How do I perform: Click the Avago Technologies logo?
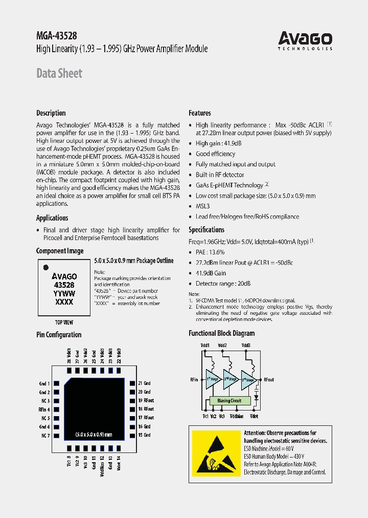305,40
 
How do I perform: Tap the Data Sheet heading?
59,73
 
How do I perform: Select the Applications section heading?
52,218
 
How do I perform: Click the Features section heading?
200,113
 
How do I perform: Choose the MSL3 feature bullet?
202,206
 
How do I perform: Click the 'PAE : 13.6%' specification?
210,252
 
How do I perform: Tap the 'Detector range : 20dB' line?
223,284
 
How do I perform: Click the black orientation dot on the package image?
45,267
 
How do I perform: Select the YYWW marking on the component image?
64,294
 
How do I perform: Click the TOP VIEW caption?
64,322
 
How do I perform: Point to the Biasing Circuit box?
229,401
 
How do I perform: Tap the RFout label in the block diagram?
269,380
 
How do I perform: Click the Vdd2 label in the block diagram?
222,346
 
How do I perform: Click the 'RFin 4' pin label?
44,409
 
